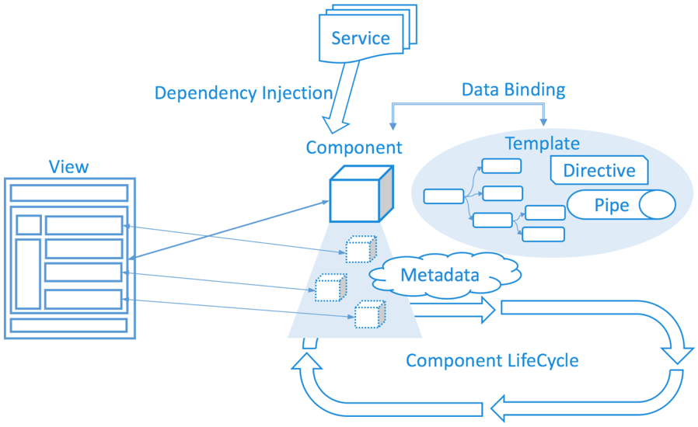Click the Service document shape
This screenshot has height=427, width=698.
361,38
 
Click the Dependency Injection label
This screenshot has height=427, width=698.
243,93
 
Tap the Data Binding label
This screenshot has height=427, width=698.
513,89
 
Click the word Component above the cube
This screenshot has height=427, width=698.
354,148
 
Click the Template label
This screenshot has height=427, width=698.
542,144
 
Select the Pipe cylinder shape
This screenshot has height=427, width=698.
621,206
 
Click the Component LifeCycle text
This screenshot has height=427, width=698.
492,361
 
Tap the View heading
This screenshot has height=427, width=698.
68,166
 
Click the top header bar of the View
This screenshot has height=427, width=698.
69,193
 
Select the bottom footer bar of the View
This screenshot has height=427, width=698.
69,325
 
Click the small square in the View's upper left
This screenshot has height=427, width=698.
29,224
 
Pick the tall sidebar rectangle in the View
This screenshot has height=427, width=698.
29,273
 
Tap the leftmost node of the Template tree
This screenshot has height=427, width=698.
443,196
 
